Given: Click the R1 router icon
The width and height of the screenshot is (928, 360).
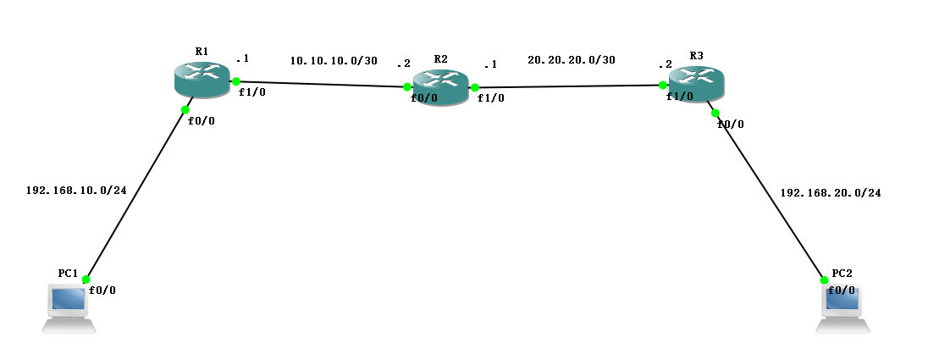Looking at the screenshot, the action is point(202,79).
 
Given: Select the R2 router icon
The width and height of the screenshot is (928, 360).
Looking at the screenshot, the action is point(440,87).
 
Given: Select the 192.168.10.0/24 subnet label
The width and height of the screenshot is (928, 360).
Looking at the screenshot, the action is point(76,191).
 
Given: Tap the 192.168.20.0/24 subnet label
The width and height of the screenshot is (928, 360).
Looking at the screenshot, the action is point(830,193).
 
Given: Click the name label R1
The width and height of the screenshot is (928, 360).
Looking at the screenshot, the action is point(202,52).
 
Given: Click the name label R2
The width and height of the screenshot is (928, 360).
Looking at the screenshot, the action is point(440,59).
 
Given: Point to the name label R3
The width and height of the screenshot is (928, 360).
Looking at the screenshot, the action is point(696,56).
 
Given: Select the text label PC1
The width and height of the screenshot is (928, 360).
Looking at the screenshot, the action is point(68,274).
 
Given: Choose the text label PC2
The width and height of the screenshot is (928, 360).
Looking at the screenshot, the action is point(842,273).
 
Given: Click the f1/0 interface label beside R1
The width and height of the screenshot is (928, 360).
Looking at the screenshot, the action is point(251,92).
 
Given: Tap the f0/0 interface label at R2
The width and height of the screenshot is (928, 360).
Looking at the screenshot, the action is point(423,98).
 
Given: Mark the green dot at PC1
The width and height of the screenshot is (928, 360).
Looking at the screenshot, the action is point(86,280).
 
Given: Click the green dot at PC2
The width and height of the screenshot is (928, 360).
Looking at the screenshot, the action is point(823,280).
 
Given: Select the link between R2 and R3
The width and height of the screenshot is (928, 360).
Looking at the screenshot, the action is point(567,86).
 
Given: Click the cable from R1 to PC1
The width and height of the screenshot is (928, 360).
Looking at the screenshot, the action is point(135,194).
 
